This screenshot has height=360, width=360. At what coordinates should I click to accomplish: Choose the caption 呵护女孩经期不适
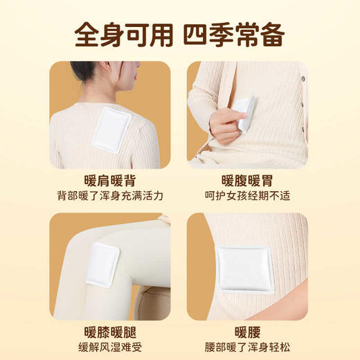coord(247,196)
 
